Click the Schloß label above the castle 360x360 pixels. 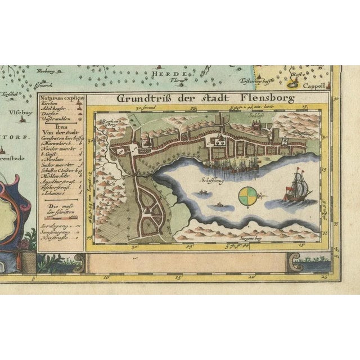pos(255,113)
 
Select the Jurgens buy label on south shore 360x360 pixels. pos(236,239)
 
